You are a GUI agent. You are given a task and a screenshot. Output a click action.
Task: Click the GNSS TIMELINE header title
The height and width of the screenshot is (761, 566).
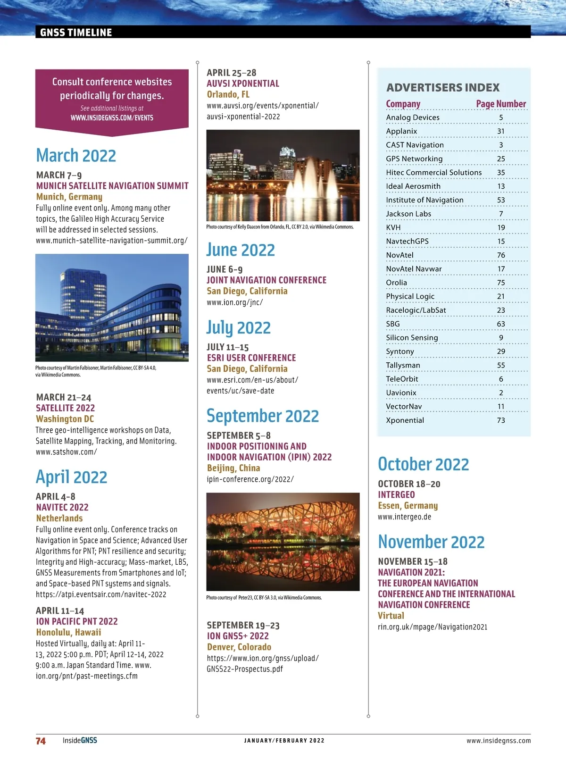tap(76, 33)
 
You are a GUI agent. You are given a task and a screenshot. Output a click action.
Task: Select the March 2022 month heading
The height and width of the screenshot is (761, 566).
tap(76, 156)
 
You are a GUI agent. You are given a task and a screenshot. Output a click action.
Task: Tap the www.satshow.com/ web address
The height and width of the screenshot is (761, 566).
tap(66, 452)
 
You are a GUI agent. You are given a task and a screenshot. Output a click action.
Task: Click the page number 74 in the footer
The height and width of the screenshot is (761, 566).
tap(41, 741)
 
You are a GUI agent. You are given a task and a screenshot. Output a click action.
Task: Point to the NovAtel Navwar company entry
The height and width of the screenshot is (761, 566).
tap(414, 269)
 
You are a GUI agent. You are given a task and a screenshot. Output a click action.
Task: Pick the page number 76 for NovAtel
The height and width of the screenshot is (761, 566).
tap(501, 255)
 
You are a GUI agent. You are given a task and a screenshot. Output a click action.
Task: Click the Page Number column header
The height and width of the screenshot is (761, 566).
tap(501, 104)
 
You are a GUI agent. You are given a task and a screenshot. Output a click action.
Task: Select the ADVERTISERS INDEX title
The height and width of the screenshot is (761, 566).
tap(443, 88)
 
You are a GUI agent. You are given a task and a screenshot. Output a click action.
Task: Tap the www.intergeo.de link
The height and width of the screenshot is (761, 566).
tap(404, 517)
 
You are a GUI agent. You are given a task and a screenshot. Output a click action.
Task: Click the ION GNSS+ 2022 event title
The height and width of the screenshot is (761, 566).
tap(238, 636)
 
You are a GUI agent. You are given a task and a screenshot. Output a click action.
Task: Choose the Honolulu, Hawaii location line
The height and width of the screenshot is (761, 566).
tap(68, 633)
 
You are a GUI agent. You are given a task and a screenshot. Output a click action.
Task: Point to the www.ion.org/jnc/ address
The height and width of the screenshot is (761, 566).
tap(234, 302)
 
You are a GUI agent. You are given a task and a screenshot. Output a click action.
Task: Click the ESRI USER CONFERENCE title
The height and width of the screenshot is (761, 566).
tap(251, 358)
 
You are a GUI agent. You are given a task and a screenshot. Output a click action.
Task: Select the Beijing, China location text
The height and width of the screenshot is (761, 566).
tap(233, 468)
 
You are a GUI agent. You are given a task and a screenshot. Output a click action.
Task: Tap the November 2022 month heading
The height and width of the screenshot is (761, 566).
tap(431, 542)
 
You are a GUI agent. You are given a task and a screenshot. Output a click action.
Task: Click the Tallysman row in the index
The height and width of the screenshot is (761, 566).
tap(403, 365)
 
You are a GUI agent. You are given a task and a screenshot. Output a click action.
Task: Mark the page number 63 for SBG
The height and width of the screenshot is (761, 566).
tap(501, 324)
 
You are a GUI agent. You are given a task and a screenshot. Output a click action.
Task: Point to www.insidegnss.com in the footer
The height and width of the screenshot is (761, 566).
tap(499, 741)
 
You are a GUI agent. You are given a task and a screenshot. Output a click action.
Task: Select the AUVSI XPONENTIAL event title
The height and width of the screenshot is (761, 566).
tap(243, 84)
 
